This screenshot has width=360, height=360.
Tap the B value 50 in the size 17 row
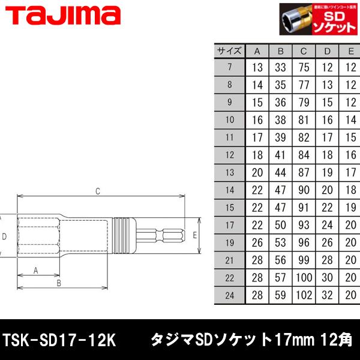[280, 226]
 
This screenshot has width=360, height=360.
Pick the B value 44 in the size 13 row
[280, 173]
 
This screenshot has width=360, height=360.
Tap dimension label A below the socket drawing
[35, 270]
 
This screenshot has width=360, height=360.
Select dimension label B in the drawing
[59, 283]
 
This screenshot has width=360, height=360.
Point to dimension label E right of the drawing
[195, 236]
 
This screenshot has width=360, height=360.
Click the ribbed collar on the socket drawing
[124, 236]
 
